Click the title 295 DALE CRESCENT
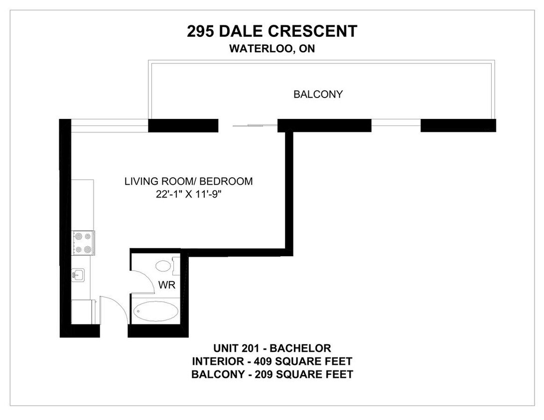click(272, 31)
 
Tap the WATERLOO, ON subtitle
click(272, 48)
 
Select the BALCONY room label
click(318, 94)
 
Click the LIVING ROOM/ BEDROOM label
click(188, 181)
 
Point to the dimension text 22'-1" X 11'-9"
click(188, 195)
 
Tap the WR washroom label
click(166, 285)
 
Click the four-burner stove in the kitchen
click(84, 243)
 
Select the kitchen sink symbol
click(79, 275)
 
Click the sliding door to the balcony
click(248, 125)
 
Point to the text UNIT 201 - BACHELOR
click(272, 348)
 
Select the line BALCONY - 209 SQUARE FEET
click(272, 374)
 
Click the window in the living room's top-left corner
click(110, 125)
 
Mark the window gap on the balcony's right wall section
click(396, 125)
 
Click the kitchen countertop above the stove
click(83, 205)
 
